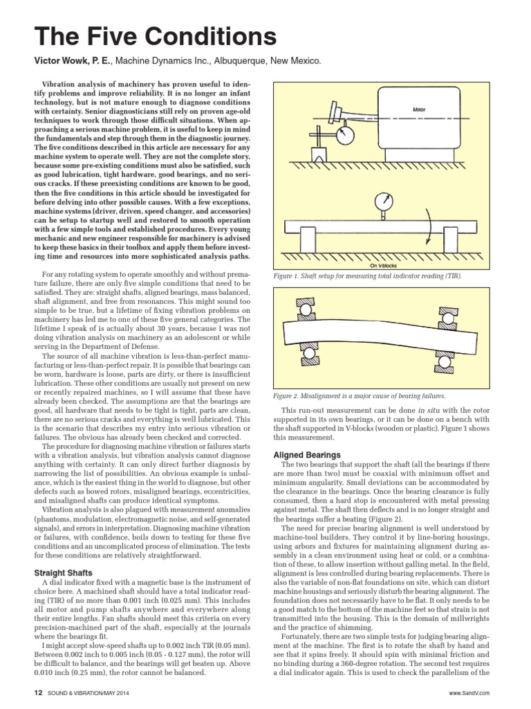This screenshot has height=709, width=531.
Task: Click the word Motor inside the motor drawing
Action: pyautogui.click(x=419, y=109)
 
